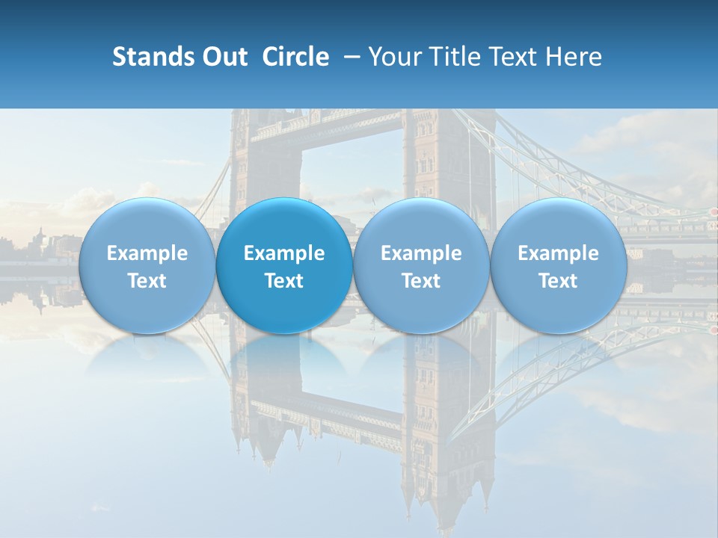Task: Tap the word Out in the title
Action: pyautogui.click(x=222, y=57)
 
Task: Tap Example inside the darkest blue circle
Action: pyautogui.click(x=284, y=253)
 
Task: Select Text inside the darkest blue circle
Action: pyautogui.click(x=284, y=281)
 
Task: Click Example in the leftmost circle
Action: pyautogui.click(x=147, y=253)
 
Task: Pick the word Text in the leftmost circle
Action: pyautogui.click(x=147, y=281)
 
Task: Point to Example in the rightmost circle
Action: pyautogui.click(x=559, y=253)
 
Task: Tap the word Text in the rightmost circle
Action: pyautogui.click(x=559, y=281)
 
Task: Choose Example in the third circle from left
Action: pyautogui.click(x=422, y=253)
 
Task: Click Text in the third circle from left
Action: pyautogui.click(x=422, y=281)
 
